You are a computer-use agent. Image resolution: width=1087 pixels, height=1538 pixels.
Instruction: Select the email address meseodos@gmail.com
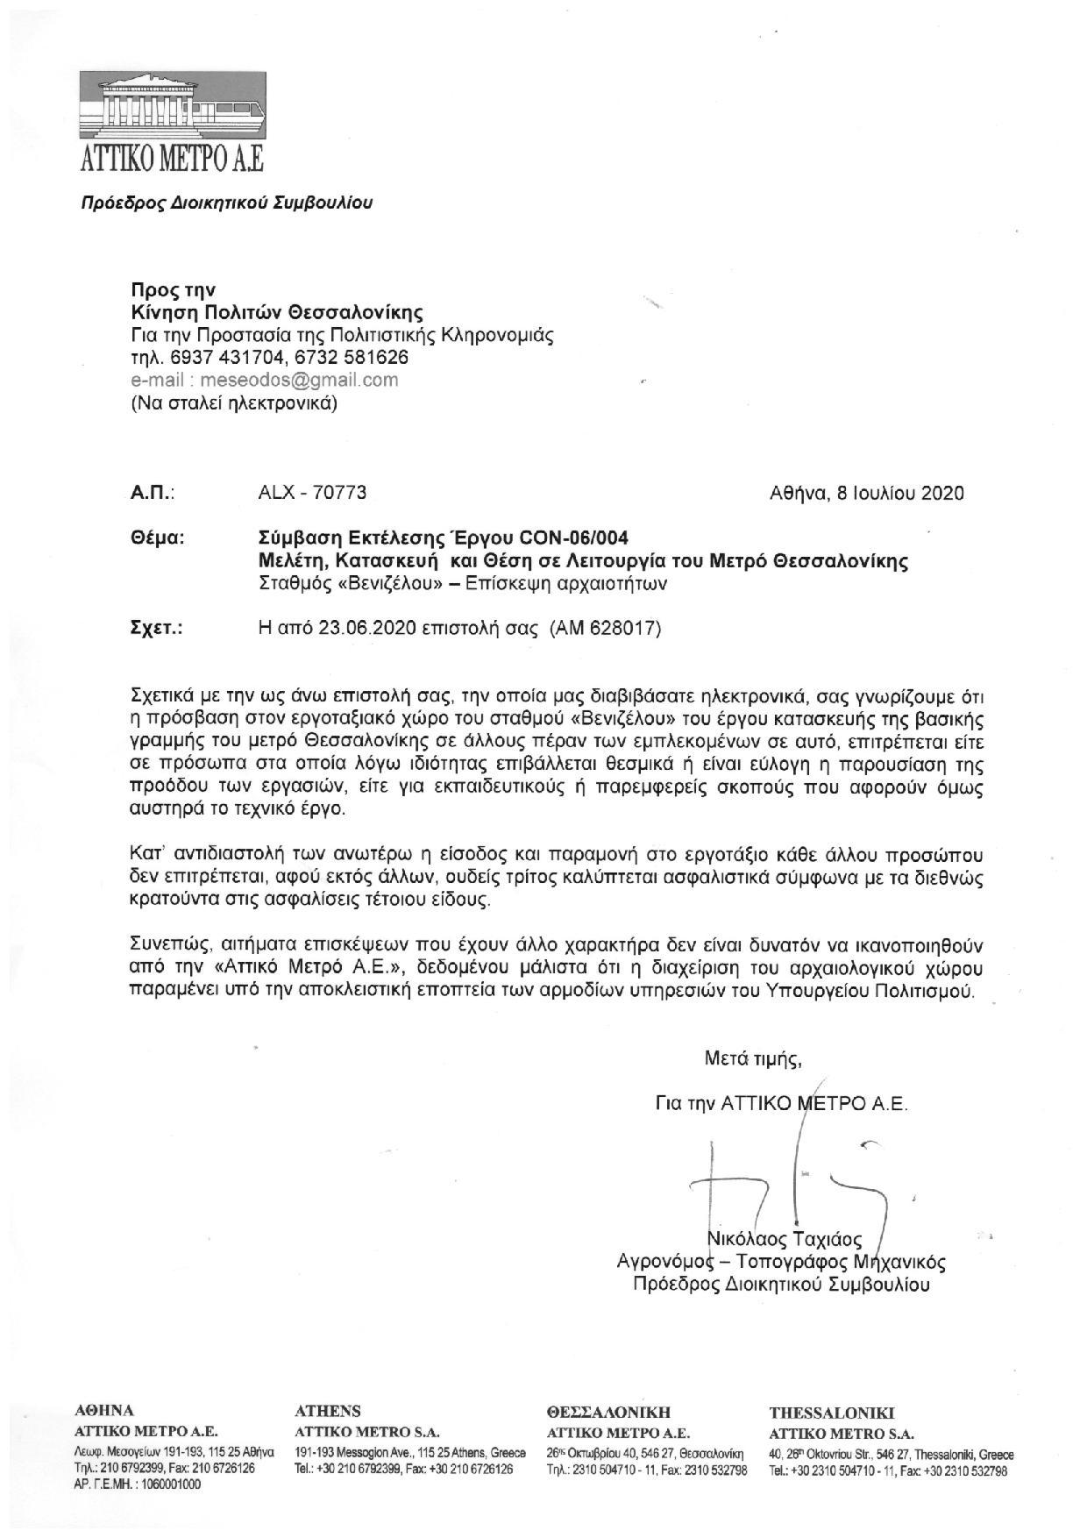[299, 381]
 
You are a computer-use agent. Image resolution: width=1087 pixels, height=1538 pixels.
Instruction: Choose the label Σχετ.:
[156, 629]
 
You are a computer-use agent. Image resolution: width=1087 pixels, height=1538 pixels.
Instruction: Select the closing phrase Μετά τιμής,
[753, 1059]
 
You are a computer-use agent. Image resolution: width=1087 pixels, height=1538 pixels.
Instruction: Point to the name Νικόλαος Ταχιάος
[784, 1239]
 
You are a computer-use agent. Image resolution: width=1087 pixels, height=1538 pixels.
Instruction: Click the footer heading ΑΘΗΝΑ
[105, 1411]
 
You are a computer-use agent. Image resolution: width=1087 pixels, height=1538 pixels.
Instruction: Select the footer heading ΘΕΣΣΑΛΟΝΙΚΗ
[608, 1412]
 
